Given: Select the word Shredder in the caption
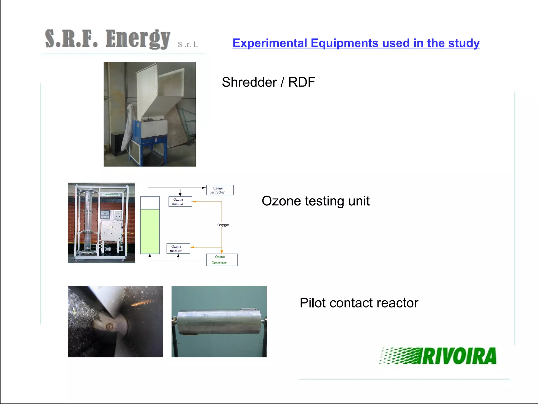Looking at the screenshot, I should (x=249, y=82).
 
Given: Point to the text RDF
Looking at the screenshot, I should (x=301, y=82).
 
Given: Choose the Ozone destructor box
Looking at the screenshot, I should (x=220, y=190).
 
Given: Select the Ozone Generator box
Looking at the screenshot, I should (x=221, y=260).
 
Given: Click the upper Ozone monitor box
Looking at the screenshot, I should (x=180, y=202).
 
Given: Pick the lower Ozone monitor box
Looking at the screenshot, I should (x=178, y=249).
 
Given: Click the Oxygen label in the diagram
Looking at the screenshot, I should (x=223, y=225).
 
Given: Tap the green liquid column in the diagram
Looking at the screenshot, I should (x=150, y=231).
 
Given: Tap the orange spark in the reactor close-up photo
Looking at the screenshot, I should (x=142, y=303).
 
